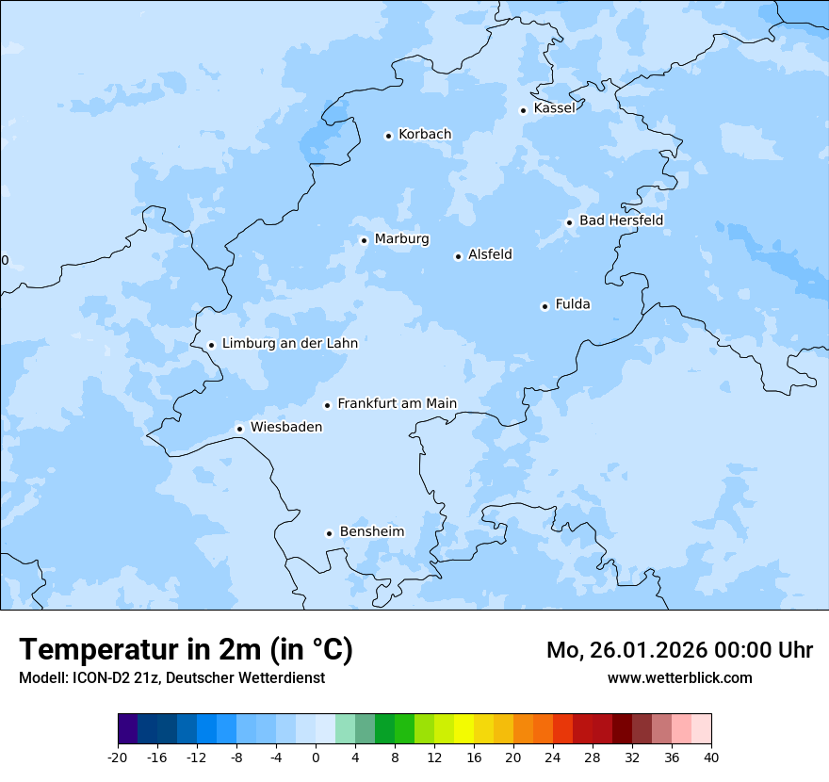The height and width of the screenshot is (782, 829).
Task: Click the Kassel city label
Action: tap(554, 108)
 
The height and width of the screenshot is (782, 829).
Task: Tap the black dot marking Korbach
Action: tap(388, 136)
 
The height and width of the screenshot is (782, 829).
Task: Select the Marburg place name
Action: tap(401, 239)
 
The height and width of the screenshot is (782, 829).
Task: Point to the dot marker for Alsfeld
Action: tap(458, 256)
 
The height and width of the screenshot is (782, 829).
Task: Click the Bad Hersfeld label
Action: tap(621, 220)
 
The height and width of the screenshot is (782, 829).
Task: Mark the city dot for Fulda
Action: tap(545, 306)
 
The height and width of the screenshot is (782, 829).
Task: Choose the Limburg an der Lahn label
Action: tap(289, 344)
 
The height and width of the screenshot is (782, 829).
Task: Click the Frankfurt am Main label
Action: tap(397, 404)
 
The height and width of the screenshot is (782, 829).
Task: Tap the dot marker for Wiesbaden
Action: tap(239, 429)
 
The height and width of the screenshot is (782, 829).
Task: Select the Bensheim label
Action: tap(371, 532)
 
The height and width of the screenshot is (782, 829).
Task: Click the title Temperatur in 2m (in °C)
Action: tap(186, 650)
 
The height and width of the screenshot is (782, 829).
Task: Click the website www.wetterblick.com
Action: tap(679, 678)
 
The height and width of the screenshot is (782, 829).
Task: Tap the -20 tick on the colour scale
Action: tap(118, 757)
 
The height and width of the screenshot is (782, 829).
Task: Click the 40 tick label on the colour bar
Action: tap(711, 757)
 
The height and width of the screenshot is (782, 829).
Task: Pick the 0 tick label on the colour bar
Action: tap(316, 757)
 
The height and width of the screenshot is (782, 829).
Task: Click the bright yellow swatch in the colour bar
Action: tap(463, 729)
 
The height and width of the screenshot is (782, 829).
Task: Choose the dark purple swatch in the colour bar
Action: tap(127, 729)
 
